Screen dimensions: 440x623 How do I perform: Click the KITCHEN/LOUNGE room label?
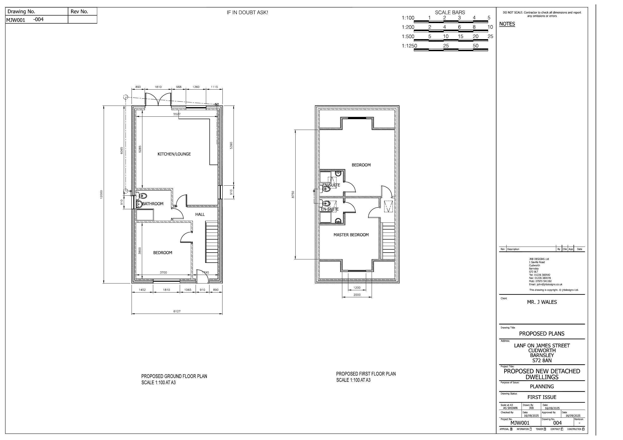pos(174,154)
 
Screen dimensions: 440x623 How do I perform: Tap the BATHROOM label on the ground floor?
pos(153,204)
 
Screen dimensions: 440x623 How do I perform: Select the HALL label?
pos(200,214)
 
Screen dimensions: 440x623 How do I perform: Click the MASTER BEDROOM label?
pos(351,235)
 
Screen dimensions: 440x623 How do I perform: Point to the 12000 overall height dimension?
pos(101,194)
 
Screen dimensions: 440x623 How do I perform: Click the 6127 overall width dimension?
pos(177,311)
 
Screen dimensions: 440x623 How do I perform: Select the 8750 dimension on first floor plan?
pos(293,194)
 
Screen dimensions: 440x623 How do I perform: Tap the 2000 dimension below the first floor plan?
pos(357,295)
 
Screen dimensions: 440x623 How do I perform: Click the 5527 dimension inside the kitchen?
pos(177,114)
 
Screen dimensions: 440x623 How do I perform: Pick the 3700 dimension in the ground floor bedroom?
pos(163,272)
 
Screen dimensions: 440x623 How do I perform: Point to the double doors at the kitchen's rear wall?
pos(158,100)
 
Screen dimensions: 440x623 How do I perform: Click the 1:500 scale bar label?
pos(408,36)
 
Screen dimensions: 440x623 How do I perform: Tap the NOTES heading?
pos(507,24)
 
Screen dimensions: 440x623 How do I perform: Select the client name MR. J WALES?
pos(542,302)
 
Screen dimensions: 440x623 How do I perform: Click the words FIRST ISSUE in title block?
pos(542,397)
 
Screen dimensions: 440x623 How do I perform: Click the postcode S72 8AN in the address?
pos(542,360)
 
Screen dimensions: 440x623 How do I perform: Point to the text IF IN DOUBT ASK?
pos(247,13)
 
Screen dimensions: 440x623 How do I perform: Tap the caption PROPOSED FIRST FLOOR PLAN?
pos(366,374)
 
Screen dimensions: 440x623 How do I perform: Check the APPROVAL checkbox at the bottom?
pos(511,429)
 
